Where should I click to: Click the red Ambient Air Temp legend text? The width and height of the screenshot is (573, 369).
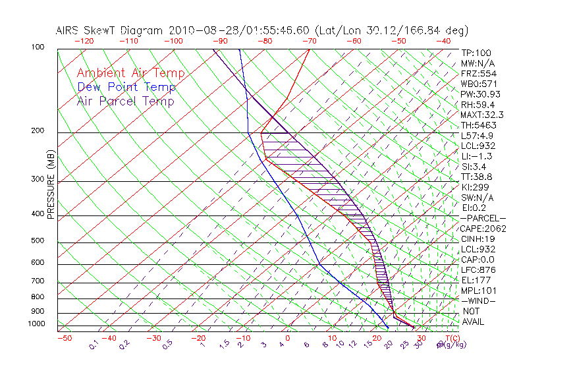(x=130, y=73)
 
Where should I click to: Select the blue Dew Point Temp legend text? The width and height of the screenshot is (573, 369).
(x=126, y=87)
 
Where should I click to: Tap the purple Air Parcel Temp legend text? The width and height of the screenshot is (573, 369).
(x=125, y=101)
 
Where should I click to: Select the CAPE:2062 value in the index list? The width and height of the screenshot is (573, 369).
(x=479, y=229)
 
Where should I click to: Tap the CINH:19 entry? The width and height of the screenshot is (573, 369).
(x=476, y=239)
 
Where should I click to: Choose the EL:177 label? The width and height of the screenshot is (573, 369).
(x=475, y=280)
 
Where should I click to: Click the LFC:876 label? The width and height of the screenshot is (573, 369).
(x=477, y=270)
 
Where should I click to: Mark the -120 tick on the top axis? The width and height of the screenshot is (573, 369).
(x=84, y=41)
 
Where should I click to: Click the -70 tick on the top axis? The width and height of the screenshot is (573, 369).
(x=308, y=41)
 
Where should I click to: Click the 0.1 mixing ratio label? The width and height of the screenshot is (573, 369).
(x=94, y=344)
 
